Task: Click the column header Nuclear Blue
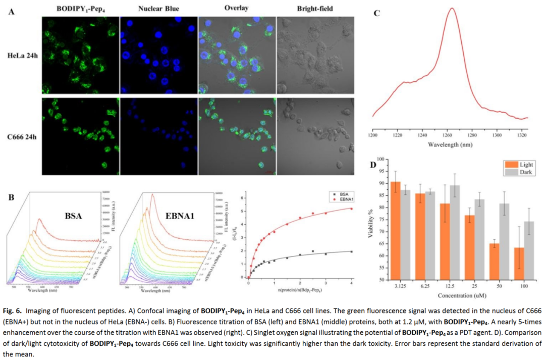159,9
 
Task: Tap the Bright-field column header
315,9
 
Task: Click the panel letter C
376,13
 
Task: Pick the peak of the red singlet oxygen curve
452,9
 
